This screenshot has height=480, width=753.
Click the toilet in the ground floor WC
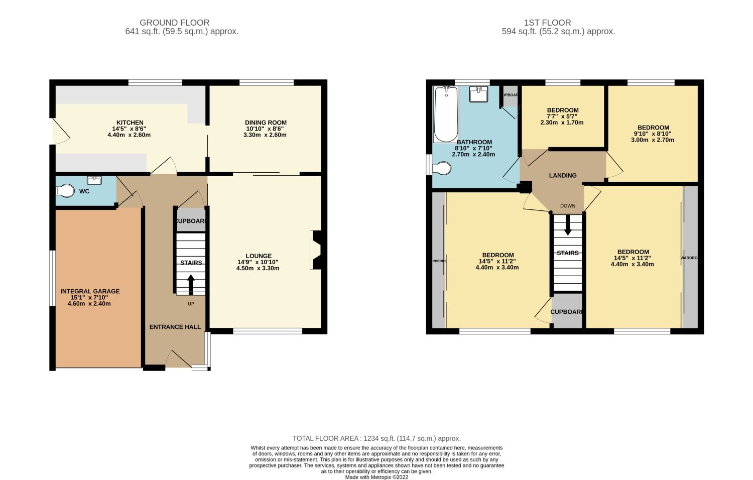coord(65,191)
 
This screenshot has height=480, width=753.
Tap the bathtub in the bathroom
coord(446,114)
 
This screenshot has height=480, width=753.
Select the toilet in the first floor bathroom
coord(442,169)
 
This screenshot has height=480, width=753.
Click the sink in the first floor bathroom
coord(478,94)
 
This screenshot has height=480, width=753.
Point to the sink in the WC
coord(94,180)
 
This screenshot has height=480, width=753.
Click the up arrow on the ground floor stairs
coord(191,284)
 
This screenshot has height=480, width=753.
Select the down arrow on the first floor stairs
coord(568,225)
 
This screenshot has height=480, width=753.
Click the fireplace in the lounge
coord(316,250)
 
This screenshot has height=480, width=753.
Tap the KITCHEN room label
coord(130,123)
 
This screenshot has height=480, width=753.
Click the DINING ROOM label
coord(266,123)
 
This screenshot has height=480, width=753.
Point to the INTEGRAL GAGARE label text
coord(90,291)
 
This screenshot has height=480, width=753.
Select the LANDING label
coord(562,175)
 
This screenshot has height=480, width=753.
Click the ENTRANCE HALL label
coord(175,327)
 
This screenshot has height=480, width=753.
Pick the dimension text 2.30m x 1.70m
coord(562,123)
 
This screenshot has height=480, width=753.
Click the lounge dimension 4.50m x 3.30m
coord(258,268)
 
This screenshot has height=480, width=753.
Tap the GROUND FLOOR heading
coord(174,23)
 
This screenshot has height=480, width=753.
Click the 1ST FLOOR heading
coord(547,23)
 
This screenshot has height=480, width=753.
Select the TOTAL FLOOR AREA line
coord(376,438)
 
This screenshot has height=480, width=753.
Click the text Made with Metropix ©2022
coord(376,477)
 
